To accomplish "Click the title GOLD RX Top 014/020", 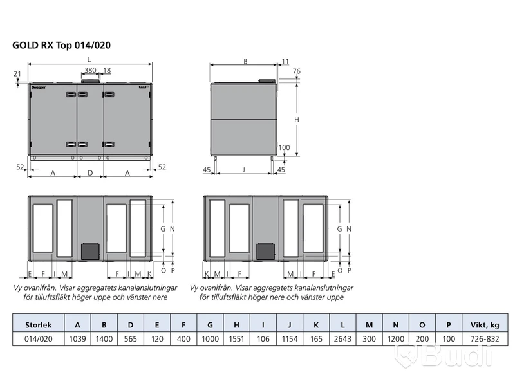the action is pyautogui.click(x=61, y=45).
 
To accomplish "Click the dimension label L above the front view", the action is pyautogui.click(x=89, y=59).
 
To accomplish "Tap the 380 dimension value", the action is pyautogui.click(x=90, y=70).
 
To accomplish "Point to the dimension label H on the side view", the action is pyautogui.click(x=297, y=120).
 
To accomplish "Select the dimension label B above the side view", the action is pyautogui.click(x=245, y=61).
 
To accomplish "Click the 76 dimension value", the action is pyautogui.click(x=297, y=71).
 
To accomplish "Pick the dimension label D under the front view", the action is pyautogui.click(x=90, y=173).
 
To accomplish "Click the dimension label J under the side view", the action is pyautogui.click(x=244, y=170).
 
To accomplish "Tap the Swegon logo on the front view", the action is pyautogui.click(x=39, y=87).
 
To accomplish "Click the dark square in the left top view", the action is pyautogui.click(x=90, y=251).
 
